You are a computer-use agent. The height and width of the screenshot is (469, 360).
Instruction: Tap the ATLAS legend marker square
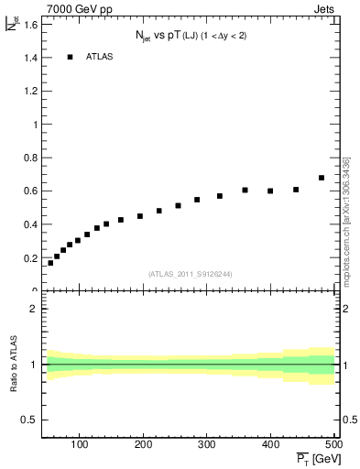70,57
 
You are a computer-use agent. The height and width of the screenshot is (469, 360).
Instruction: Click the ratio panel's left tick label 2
33,309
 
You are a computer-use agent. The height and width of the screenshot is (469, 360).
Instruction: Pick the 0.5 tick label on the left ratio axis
30,420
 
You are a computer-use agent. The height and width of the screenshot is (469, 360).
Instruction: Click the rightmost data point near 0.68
322,178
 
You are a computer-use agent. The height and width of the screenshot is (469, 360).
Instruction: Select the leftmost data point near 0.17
50,263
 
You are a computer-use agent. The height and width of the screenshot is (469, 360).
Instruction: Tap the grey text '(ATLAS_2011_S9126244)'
190,273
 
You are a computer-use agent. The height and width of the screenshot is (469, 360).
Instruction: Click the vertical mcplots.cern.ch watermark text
345,219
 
